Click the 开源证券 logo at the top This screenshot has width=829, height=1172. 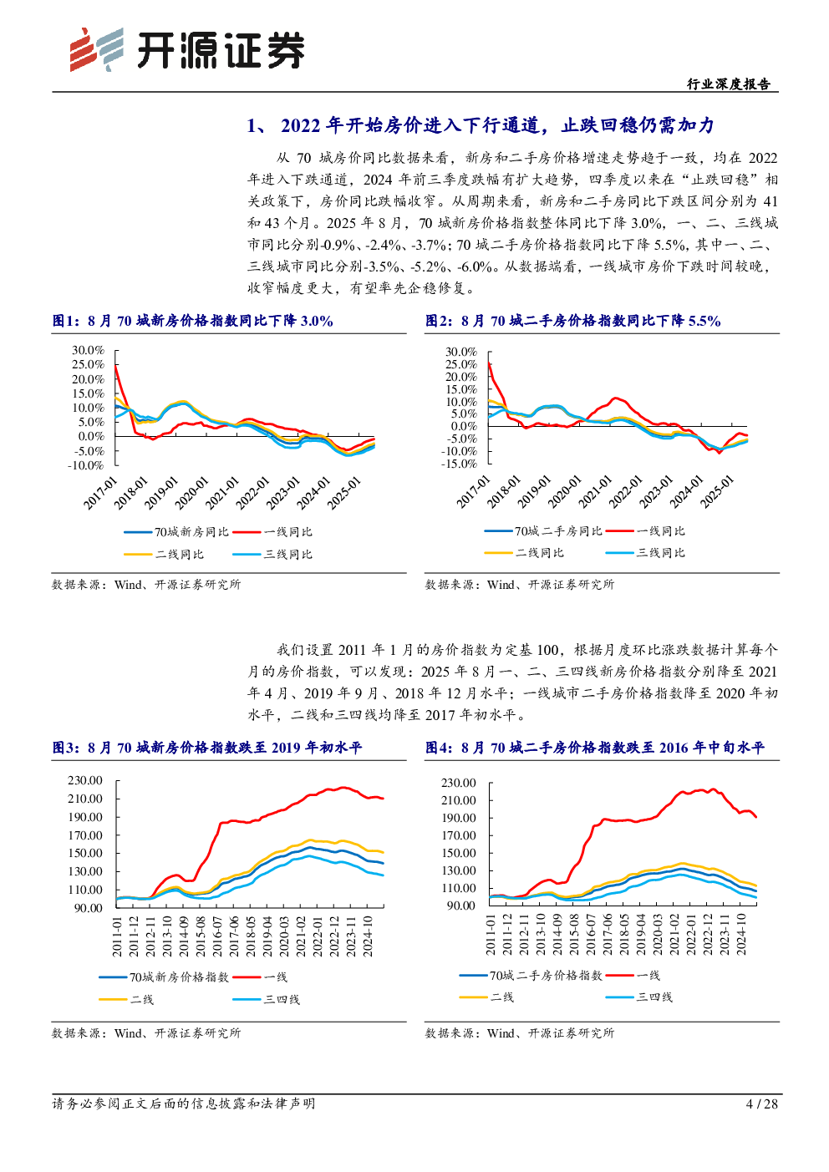(187, 50)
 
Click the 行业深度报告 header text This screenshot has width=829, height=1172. (729, 84)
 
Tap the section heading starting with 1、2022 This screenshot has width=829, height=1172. (481, 125)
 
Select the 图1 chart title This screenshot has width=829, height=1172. (192, 321)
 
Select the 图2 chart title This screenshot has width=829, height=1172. (573, 321)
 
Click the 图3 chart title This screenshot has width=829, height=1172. (207, 748)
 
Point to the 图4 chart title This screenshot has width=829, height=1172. (595, 748)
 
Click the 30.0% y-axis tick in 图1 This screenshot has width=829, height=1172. (89, 350)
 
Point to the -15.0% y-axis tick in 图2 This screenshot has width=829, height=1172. (460, 464)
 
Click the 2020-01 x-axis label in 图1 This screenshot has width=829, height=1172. (192, 492)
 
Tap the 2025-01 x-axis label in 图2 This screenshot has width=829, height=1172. (718, 491)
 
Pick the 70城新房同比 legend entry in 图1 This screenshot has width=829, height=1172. (176, 532)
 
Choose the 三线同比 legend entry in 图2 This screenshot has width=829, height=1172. (645, 553)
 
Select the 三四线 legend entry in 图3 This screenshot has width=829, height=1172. (267, 1000)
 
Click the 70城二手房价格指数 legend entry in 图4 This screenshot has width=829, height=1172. (531, 976)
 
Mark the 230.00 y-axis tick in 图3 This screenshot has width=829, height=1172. (84, 780)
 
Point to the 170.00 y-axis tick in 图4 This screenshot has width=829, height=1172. (459, 835)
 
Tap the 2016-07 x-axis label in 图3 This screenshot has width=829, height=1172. (217, 936)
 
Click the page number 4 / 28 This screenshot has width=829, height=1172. (762, 1104)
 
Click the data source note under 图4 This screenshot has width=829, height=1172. (520, 1032)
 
